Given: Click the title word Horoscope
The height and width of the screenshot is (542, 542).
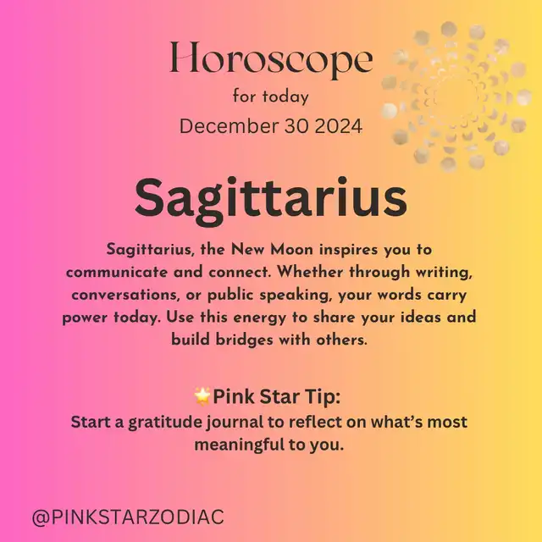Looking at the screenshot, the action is (x=271, y=58).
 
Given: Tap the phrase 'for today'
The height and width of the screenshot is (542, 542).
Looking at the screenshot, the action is (x=271, y=97).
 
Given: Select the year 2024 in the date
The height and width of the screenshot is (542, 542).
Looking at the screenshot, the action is (x=339, y=126).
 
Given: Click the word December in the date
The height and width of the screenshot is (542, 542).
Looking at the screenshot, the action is (x=230, y=126).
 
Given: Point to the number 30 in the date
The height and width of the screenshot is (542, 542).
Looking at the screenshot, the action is (x=296, y=126).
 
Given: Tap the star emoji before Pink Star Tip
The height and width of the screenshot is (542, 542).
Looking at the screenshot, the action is (x=202, y=396).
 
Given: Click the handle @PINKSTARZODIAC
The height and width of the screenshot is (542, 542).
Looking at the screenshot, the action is (x=128, y=517).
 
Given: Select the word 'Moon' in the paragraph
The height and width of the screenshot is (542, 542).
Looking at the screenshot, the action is (x=291, y=250).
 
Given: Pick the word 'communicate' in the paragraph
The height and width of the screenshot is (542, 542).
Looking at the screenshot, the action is (x=117, y=273).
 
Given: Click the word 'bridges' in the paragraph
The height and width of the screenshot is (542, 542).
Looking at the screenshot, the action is (x=245, y=340).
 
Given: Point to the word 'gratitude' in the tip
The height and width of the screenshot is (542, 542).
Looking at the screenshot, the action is (x=165, y=423).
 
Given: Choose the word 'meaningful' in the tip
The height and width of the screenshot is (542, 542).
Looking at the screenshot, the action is (x=240, y=445).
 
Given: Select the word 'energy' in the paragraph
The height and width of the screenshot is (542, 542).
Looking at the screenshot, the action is (x=260, y=318).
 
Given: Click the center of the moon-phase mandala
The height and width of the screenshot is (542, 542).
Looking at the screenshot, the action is (x=456, y=97).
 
